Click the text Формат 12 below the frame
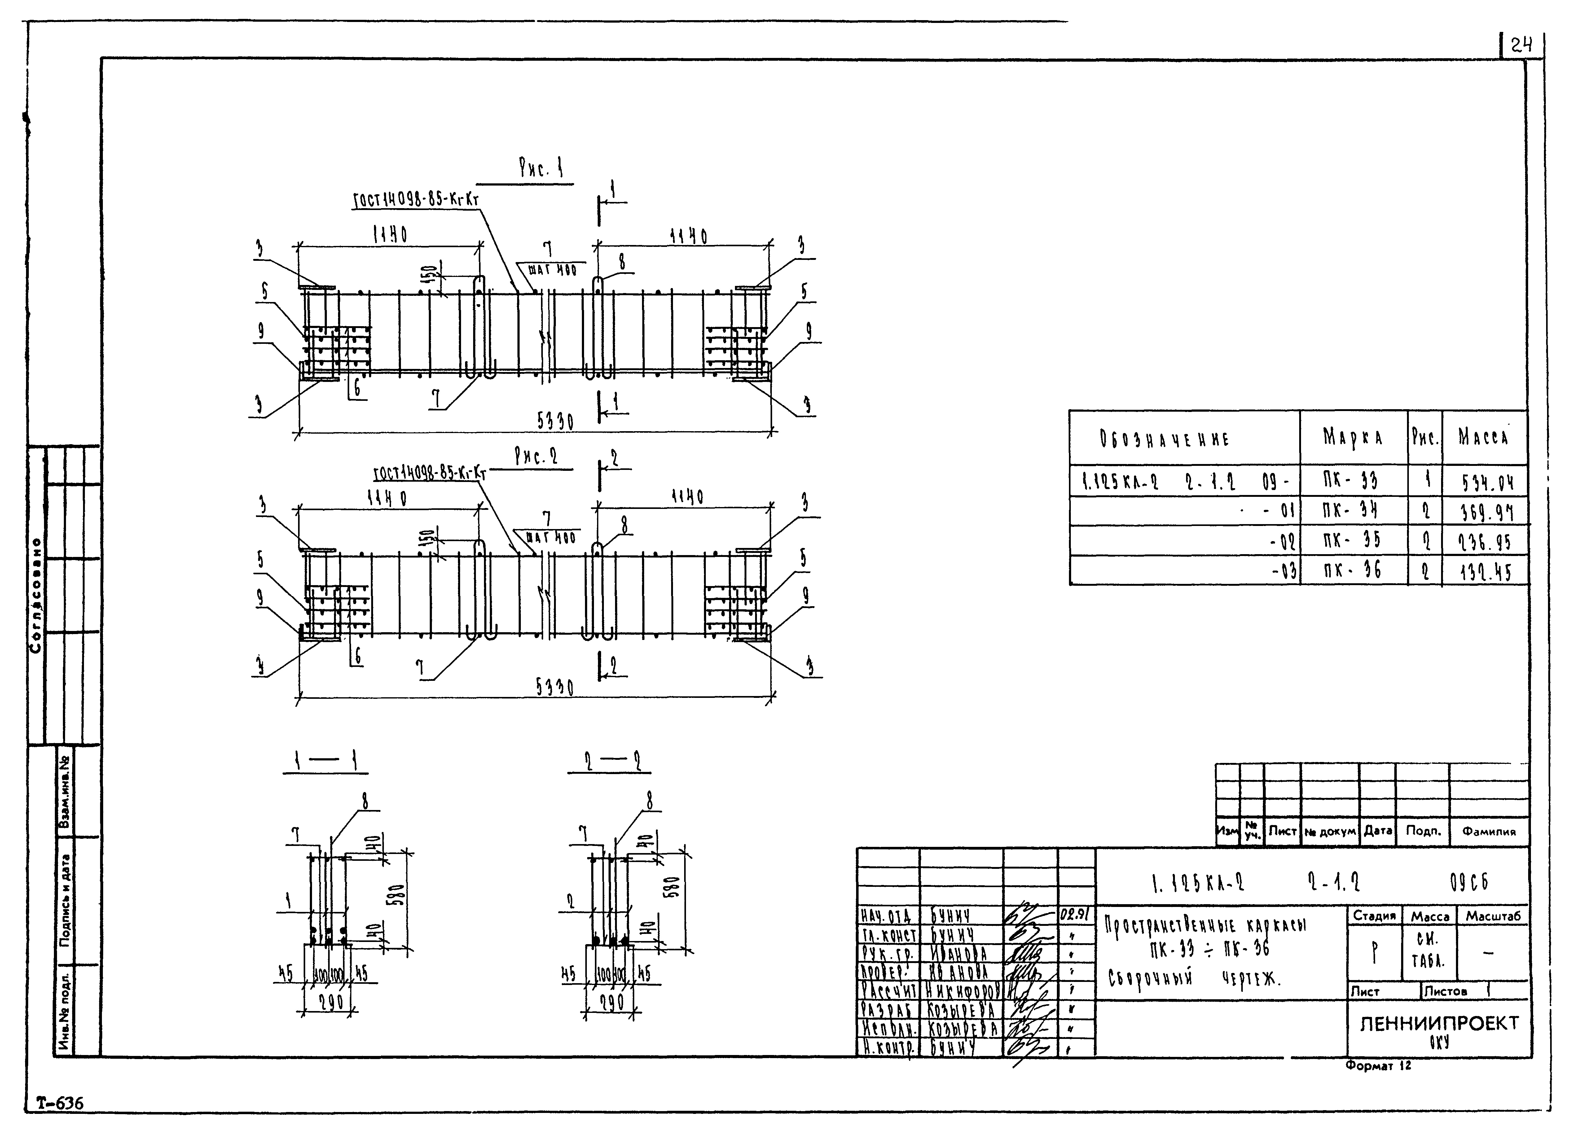point(1378,1065)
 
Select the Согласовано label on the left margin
point(36,595)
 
